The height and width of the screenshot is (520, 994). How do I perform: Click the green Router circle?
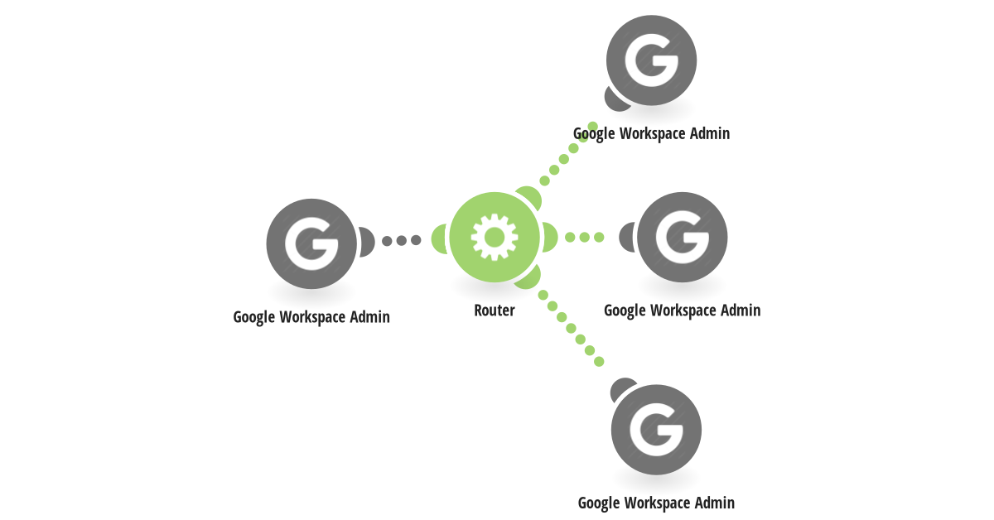point(495,238)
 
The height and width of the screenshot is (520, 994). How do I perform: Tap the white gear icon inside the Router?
point(495,238)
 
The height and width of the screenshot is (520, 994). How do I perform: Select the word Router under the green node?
point(495,311)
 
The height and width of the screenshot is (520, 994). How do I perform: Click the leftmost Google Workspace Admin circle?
point(311,244)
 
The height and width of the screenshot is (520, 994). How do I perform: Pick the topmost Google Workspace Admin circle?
point(651,60)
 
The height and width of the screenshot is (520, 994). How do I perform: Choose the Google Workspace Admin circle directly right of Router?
point(683,238)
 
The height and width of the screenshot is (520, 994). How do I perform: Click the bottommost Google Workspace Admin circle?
point(656,430)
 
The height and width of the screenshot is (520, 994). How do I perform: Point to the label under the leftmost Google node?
point(311,317)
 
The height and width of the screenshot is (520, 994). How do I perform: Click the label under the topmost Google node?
point(651,133)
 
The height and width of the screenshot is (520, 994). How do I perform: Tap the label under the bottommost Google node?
point(656,503)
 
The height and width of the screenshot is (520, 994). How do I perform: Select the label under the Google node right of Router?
point(683,311)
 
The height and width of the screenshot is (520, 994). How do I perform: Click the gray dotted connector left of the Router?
point(402,240)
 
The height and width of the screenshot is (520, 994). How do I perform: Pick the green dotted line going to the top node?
point(568,153)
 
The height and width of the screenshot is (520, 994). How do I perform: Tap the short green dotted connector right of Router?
point(585,238)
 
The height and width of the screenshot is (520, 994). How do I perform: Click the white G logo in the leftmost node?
point(311,244)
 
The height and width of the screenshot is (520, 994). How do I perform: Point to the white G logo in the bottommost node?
point(656,430)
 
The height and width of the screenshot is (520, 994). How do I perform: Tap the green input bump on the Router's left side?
point(439,238)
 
